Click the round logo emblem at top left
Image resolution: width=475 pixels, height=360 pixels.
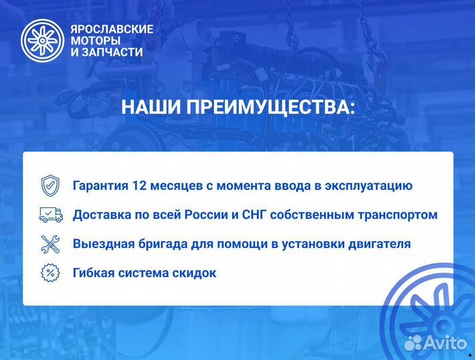click(41, 41)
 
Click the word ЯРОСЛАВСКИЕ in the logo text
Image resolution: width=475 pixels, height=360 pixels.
click(111, 29)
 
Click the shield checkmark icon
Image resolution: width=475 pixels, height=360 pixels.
click(51, 185)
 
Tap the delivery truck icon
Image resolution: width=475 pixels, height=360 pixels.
click(51, 215)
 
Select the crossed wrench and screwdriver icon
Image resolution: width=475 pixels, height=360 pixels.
click(51, 243)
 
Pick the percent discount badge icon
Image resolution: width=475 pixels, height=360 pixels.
click(51, 273)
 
